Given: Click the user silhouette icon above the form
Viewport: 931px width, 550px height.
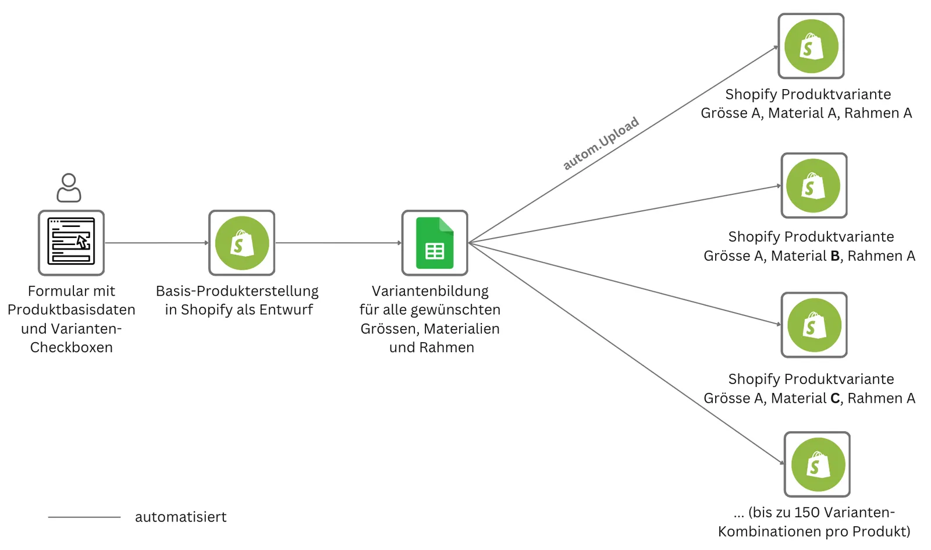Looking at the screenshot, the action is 69,188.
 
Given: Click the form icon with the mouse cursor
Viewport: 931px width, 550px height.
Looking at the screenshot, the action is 71,242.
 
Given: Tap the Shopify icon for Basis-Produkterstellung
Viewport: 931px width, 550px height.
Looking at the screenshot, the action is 242,243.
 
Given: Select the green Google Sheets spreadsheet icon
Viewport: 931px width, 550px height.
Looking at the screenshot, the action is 435,243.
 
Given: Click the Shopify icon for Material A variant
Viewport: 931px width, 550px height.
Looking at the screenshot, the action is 811,46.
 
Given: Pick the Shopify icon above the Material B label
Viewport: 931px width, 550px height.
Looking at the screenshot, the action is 814,186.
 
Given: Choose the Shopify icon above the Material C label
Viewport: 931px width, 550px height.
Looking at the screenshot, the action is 814,325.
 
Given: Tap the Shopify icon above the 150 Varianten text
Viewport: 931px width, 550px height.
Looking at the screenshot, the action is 817,464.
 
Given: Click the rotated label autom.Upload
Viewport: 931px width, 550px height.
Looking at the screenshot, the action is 601,143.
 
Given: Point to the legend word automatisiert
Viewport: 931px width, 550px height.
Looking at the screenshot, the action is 181,517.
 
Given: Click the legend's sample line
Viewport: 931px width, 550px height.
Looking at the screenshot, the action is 84,517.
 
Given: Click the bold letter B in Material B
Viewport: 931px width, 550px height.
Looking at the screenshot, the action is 835,256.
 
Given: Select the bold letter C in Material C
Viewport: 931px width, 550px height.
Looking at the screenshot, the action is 835,398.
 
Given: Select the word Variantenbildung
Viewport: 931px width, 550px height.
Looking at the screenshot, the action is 430,291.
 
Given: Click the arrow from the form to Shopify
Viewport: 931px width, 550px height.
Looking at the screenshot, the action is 157,243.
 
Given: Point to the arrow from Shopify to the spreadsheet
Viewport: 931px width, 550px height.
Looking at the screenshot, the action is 338,243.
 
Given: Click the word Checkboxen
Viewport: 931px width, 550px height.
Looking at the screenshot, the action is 72,347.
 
